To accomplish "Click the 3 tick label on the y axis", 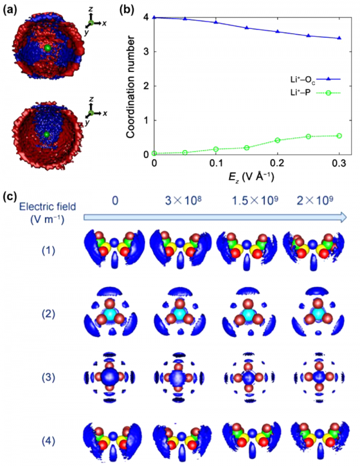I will (147, 52).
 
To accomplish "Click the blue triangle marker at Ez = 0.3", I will (340, 38).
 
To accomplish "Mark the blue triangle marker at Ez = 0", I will (155, 17).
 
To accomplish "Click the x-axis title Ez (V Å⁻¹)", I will (247, 177).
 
